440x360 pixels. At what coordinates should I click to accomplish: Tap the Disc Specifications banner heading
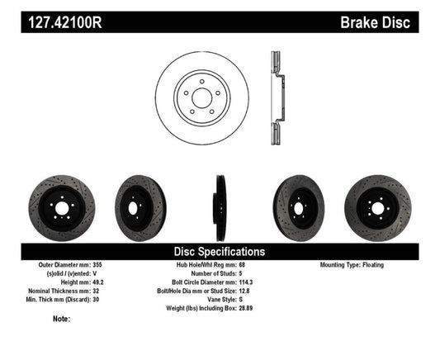coord(219,251)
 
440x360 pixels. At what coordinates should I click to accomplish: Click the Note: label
coord(60,319)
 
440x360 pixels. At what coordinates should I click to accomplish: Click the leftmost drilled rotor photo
coord(62,203)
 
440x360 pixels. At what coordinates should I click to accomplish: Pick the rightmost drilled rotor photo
coord(378,203)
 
